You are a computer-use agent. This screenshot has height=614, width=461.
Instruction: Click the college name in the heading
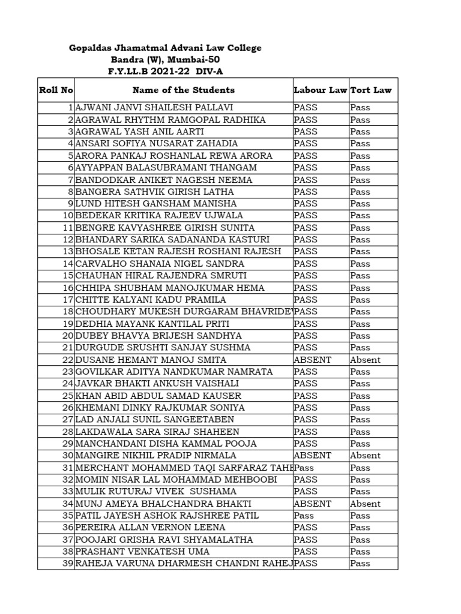tap(165, 48)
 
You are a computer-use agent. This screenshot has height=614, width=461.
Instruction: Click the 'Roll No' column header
tap(56, 90)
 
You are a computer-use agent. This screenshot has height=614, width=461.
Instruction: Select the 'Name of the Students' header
tap(183, 90)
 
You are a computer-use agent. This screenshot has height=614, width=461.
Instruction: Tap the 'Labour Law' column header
tap(321, 90)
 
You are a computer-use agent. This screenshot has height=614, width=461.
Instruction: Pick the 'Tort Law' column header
tap(371, 90)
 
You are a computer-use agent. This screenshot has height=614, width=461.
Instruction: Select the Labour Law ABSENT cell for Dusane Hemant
tap(312, 360)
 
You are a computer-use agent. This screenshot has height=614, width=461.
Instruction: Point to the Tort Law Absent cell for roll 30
tap(365, 456)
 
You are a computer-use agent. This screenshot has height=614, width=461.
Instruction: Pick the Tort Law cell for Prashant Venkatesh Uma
tap(360, 552)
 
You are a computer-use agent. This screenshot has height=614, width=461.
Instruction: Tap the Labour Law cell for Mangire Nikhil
tap(312, 456)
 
